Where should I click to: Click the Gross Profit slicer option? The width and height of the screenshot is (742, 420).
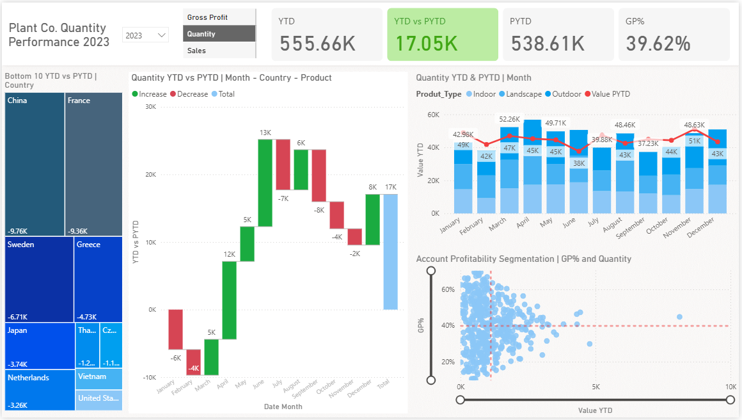(x=208, y=17)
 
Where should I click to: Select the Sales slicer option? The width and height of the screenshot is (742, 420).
(x=197, y=51)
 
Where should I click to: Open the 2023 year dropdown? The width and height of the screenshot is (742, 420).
(x=145, y=35)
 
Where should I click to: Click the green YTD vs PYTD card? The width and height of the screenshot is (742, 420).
(x=442, y=35)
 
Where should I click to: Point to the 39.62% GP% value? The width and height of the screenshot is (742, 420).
(x=658, y=44)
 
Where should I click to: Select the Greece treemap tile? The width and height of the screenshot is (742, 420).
(x=99, y=279)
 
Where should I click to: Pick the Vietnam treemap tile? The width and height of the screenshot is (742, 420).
(x=99, y=378)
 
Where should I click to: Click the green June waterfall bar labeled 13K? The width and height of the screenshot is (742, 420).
(x=265, y=182)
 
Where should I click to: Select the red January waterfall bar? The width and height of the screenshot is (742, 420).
(x=175, y=329)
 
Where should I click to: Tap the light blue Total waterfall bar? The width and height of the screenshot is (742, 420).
(x=390, y=252)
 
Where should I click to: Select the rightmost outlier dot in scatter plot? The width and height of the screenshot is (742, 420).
(x=679, y=317)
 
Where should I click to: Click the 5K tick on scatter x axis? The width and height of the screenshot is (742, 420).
(x=596, y=387)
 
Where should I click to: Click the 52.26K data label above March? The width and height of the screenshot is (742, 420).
(x=510, y=119)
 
